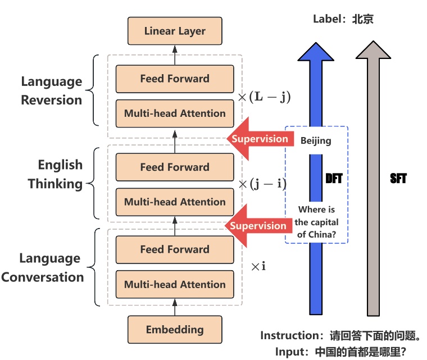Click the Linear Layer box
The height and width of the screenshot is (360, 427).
point(175,31)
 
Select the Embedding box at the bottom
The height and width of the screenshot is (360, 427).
point(175,330)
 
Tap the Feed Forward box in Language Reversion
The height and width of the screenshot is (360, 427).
point(175,79)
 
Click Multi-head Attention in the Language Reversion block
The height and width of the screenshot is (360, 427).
point(175,113)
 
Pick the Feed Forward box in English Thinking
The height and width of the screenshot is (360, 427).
point(175,167)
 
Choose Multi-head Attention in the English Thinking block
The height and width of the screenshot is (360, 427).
point(175,202)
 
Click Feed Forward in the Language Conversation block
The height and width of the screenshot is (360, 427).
point(175,249)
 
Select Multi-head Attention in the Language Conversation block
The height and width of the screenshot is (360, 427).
point(175,285)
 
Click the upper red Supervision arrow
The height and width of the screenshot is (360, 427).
point(258,139)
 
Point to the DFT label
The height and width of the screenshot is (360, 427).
point(334,179)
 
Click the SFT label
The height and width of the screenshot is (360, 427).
point(398,179)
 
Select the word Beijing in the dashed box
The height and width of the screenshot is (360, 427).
point(316,141)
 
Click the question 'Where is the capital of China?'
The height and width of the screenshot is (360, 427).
point(316,222)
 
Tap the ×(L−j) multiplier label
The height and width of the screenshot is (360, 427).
point(264,97)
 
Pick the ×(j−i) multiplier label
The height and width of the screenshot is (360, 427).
point(263,184)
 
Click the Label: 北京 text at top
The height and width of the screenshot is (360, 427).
point(343,19)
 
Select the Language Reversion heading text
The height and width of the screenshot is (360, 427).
point(52,91)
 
